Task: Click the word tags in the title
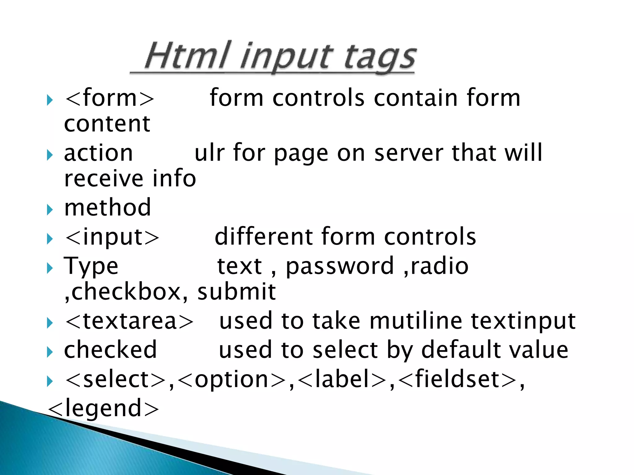coord(380,58)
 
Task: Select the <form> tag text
coord(109,98)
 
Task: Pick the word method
coord(107,208)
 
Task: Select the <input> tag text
coord(112,237)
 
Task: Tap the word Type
coord(91,266)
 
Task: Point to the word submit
coord(237,292)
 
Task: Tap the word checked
coord(110,350)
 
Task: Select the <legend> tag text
coord(103,408)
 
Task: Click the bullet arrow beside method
coord(50,210)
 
